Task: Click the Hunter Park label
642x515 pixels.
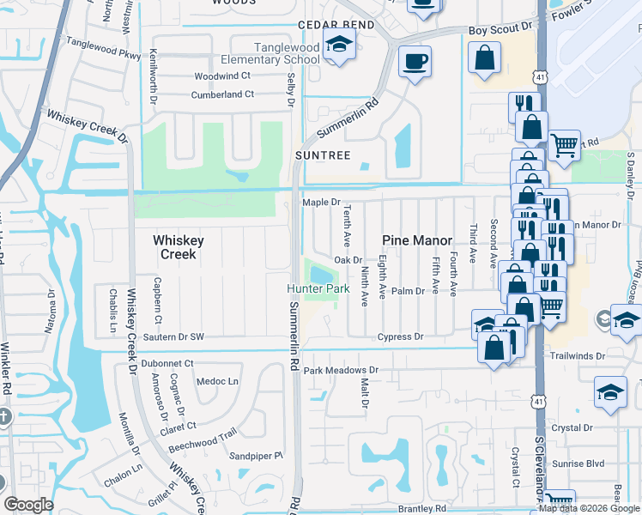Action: pyautogui.click(x=318, y=289)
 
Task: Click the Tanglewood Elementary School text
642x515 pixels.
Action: pyautogui.click(x=270, y=53)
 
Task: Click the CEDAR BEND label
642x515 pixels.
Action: pyautogui.click(x=336, y=25)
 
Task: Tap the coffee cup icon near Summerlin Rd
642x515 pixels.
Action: pyautogui.click(x=415, y=63)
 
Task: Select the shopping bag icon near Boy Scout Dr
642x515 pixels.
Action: pyautogui.click(x=485, y=58)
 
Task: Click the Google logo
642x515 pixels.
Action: pyautogui.click(x=28, y=504)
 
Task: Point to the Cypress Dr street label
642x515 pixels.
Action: pyautogui.click(x=402, y=337)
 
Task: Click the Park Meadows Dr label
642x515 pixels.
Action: pyautogui.click(x=341, y=371)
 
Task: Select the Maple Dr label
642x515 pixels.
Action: pyautogui.click(x=321, y=202)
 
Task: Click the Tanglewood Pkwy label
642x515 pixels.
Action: pyautogui.click(x=103, y=53)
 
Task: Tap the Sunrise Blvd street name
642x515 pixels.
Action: pyautogui.click(x=580, y=463)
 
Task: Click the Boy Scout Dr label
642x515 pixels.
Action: pyautogui.click(x=494, y=31)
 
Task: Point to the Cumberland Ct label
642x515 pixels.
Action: pyautogui.click(x=221, y=94)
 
